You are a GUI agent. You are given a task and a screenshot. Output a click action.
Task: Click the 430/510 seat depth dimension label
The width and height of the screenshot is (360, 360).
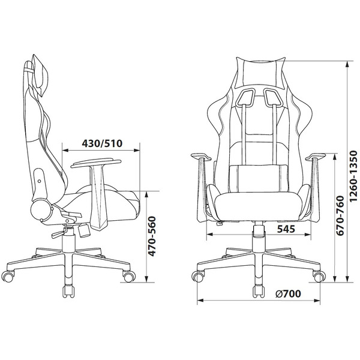102,143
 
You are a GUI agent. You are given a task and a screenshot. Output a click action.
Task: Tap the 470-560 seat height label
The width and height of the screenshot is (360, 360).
152,236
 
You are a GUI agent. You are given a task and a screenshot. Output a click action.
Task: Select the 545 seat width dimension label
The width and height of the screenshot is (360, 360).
286,229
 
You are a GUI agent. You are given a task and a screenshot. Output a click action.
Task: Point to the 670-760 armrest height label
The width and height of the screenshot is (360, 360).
340,215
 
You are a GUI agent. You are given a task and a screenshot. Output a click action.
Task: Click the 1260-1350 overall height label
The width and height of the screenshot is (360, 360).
353,176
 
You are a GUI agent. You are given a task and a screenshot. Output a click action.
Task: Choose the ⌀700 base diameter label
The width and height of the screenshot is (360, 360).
288,293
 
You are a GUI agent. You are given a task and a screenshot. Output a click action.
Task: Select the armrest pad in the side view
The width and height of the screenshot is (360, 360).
96,163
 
